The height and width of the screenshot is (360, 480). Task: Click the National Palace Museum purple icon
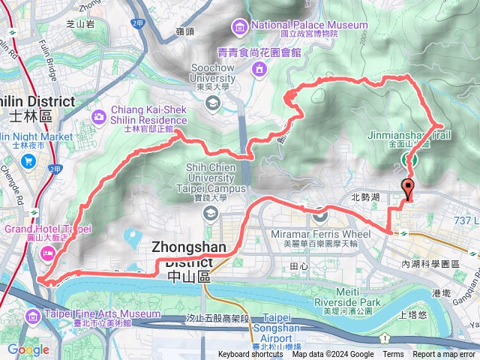click(241, 29)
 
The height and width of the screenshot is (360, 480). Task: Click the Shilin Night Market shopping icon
click(29, 160)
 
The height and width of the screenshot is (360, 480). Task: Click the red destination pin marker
click(408, 188)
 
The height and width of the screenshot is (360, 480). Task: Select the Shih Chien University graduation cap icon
click(211, 214)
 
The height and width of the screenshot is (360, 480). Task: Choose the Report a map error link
click(445, 355)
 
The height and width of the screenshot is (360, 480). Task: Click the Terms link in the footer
click(393, 355)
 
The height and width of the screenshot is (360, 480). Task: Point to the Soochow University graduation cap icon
click(213, 101)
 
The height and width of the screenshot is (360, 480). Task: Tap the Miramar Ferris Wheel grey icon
click(320, 215)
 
